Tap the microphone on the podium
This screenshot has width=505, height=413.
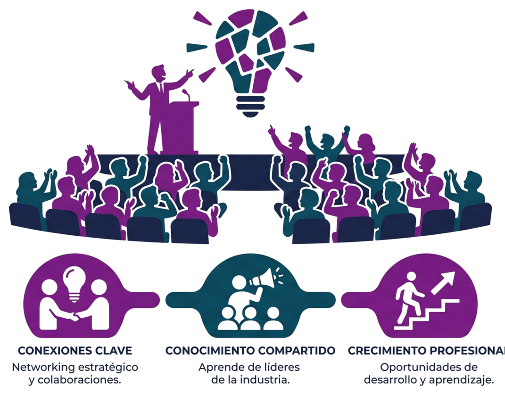pyautogui.click(x=187, y=94)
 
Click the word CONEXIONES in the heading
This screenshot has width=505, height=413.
pyautogui.click(x=48, y=351)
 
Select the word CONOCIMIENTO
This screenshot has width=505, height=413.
pyautogui.click(x=205, y=351)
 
